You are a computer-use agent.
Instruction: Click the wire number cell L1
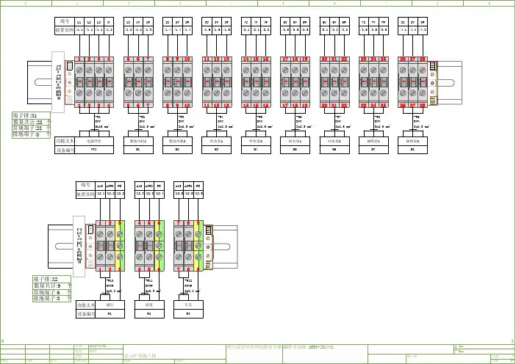coord(79,23)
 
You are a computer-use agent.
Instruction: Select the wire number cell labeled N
coord(109,23)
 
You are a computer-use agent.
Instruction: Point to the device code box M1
coord(139,148)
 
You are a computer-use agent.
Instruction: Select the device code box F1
coord(110,313)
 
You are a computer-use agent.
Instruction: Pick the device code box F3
coord(187,313)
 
